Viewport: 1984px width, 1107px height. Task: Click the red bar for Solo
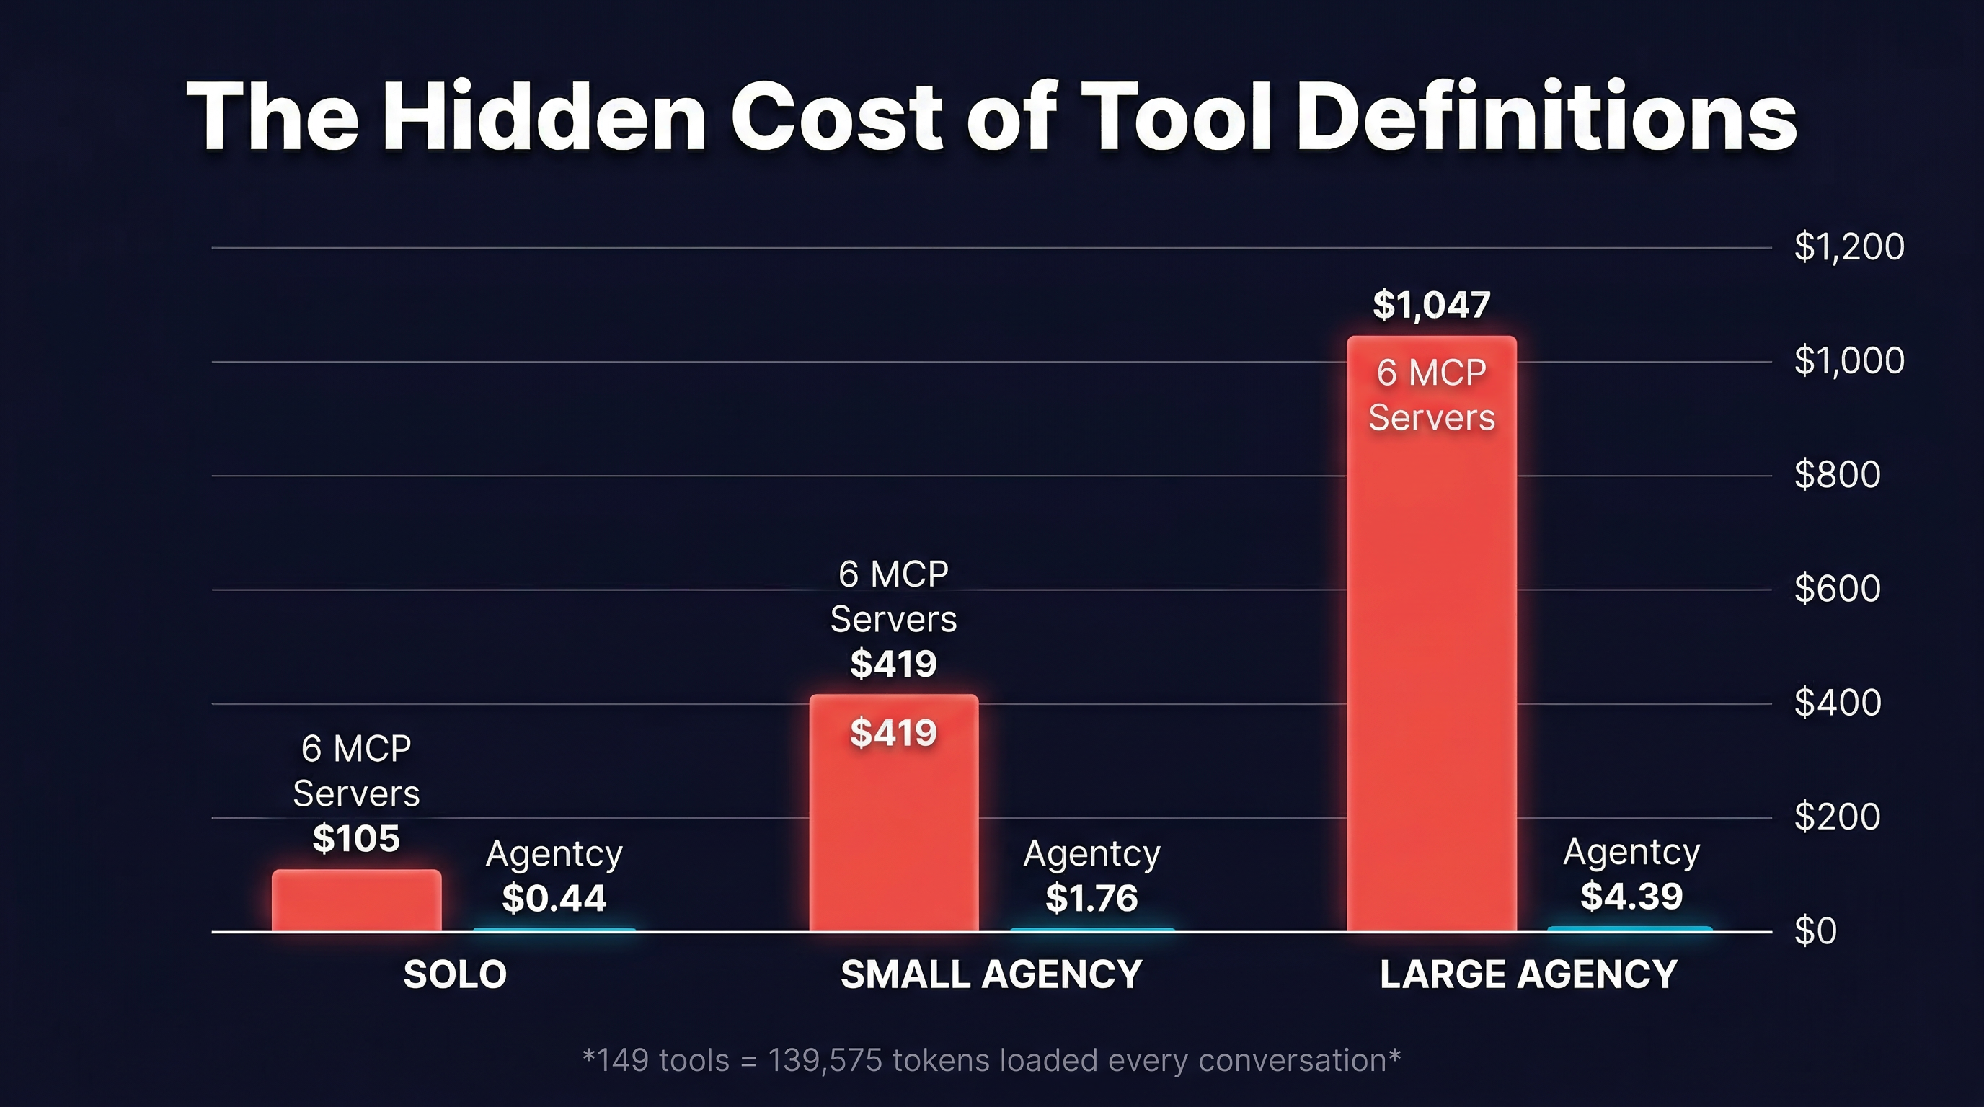click(x=357, y=901)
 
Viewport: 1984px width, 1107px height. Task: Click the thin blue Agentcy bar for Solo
click(x=554, y=930)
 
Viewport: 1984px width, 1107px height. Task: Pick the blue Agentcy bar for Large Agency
click(x=1630, y=929)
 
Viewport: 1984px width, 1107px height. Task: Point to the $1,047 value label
click(x=1431, y=305)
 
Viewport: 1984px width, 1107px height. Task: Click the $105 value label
click(x=357, y=838)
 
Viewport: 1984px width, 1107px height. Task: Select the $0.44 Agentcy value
click(x=554, y=897)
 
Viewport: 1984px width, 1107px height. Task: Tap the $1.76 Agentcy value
click(x=1091, y=897)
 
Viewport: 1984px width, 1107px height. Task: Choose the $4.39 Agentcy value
click(x=1631, y=895)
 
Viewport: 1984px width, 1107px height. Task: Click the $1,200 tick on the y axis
click(x=1848, y=247)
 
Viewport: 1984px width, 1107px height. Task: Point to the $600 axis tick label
click(x=1837, y=589)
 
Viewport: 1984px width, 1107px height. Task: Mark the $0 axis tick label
click(x=1815, y=930)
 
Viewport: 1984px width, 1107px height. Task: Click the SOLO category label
click(x=455, y=974)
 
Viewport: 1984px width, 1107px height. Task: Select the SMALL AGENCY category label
click(x=991, y=974)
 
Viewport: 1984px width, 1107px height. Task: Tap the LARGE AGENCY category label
click(x=1528, y=974)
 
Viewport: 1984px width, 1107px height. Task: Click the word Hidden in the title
click(x=544, y=117)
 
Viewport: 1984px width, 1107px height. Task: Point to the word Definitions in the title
click(x=1546, y=117)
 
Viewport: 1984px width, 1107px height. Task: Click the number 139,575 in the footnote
click(x=824, y=1061)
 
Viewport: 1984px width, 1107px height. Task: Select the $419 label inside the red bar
click(x=893, y=733)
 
